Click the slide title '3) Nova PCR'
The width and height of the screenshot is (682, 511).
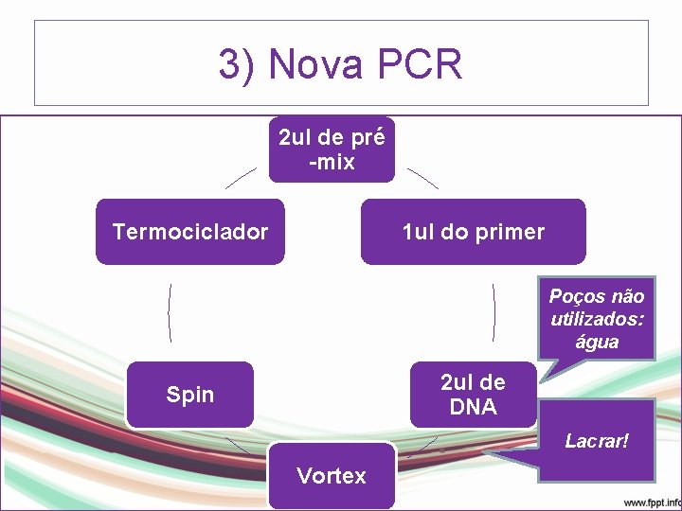coord(340,64)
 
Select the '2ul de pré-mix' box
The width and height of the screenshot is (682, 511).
coord(332,150)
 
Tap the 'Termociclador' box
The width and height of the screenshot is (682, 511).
coord(190,232)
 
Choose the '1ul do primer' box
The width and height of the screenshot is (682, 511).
coord(473,232)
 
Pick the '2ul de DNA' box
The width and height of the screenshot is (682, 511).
coord(473,395)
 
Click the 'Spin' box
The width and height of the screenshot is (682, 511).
coord(190,395)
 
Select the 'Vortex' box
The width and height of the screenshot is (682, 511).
coord(332,475)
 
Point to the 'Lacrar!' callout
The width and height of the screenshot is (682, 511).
coord(597,441)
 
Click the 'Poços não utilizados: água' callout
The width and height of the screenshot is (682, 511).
coord(597,319)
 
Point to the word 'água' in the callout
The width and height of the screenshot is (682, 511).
coord(597,342)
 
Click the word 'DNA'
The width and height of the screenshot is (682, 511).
coord(473,407)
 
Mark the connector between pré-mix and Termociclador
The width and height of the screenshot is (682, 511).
coord(241,178)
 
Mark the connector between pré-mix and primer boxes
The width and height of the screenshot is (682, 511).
coord(422,178)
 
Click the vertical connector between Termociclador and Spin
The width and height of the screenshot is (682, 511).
coord(170,312)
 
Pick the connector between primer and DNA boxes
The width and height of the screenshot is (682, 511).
coord(494,312)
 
